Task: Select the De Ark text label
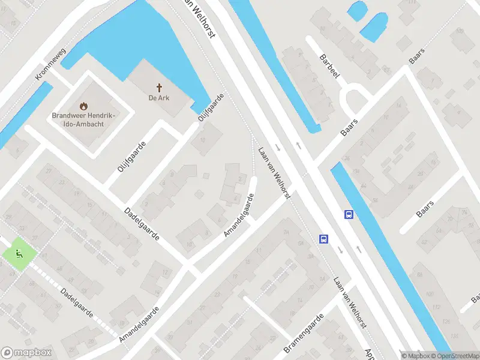coord(160,98)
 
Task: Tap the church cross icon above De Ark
coord(160,87)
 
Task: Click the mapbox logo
coord(26,353)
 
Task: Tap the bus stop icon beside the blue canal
coord(348,214)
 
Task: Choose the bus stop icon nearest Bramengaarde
coord(323,239)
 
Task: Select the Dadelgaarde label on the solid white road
coord(142,224)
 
